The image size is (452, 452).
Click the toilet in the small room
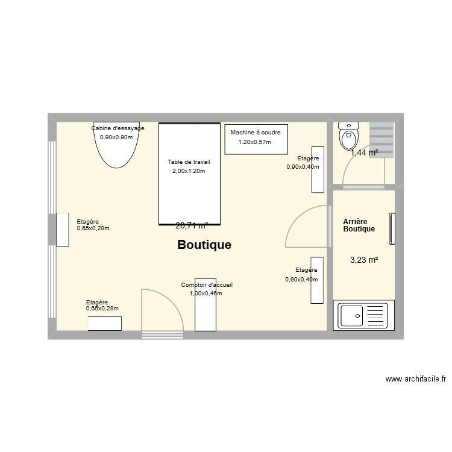[x=349, y=137]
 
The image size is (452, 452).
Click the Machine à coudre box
[x=256, y=139]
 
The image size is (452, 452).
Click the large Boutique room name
[x=204, y=245]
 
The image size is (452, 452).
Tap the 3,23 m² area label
[x=364, y=260]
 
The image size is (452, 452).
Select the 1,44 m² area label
[x=365, y=153]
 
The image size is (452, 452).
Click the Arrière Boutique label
[x=359, y=225]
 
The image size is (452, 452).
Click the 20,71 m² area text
[x=192, y=226]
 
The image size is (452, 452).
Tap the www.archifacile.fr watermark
[x=416, y=380]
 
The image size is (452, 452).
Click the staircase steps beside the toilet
[x=381, y=139]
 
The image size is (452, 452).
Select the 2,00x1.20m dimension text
[x=189, y=171]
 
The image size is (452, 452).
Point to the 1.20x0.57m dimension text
[x=255, y=142]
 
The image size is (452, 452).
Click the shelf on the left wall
[x=62, y=230]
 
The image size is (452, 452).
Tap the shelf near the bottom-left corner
[x=105, y=324]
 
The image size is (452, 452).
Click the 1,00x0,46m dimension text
[x=206, y=293]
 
